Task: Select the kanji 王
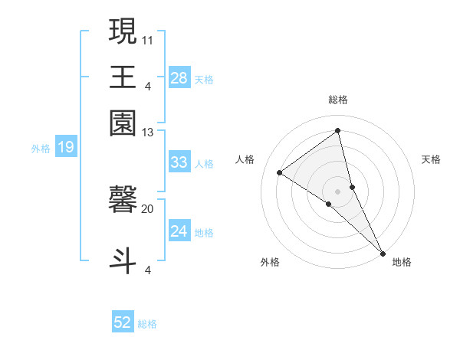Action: [x=123, y=77]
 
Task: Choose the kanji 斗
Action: [x=123, y=258]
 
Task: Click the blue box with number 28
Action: [x=179, y=77]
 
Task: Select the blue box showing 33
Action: [x=179, y=162]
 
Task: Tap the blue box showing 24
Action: [x=179, y=231]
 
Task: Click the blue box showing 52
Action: [x=123, y=322]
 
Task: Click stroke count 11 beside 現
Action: [x=148, y=39]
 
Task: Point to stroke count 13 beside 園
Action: [x=148, y=133]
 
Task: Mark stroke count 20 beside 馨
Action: [x=148, y=208]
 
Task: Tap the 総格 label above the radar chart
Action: [x=338, y=100]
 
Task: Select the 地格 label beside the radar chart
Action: [x=402, y=262]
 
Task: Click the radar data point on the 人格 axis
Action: [x=280, y=172]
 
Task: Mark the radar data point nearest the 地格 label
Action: [x=382, y=251]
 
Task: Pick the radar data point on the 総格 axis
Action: [x=338, y=130]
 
